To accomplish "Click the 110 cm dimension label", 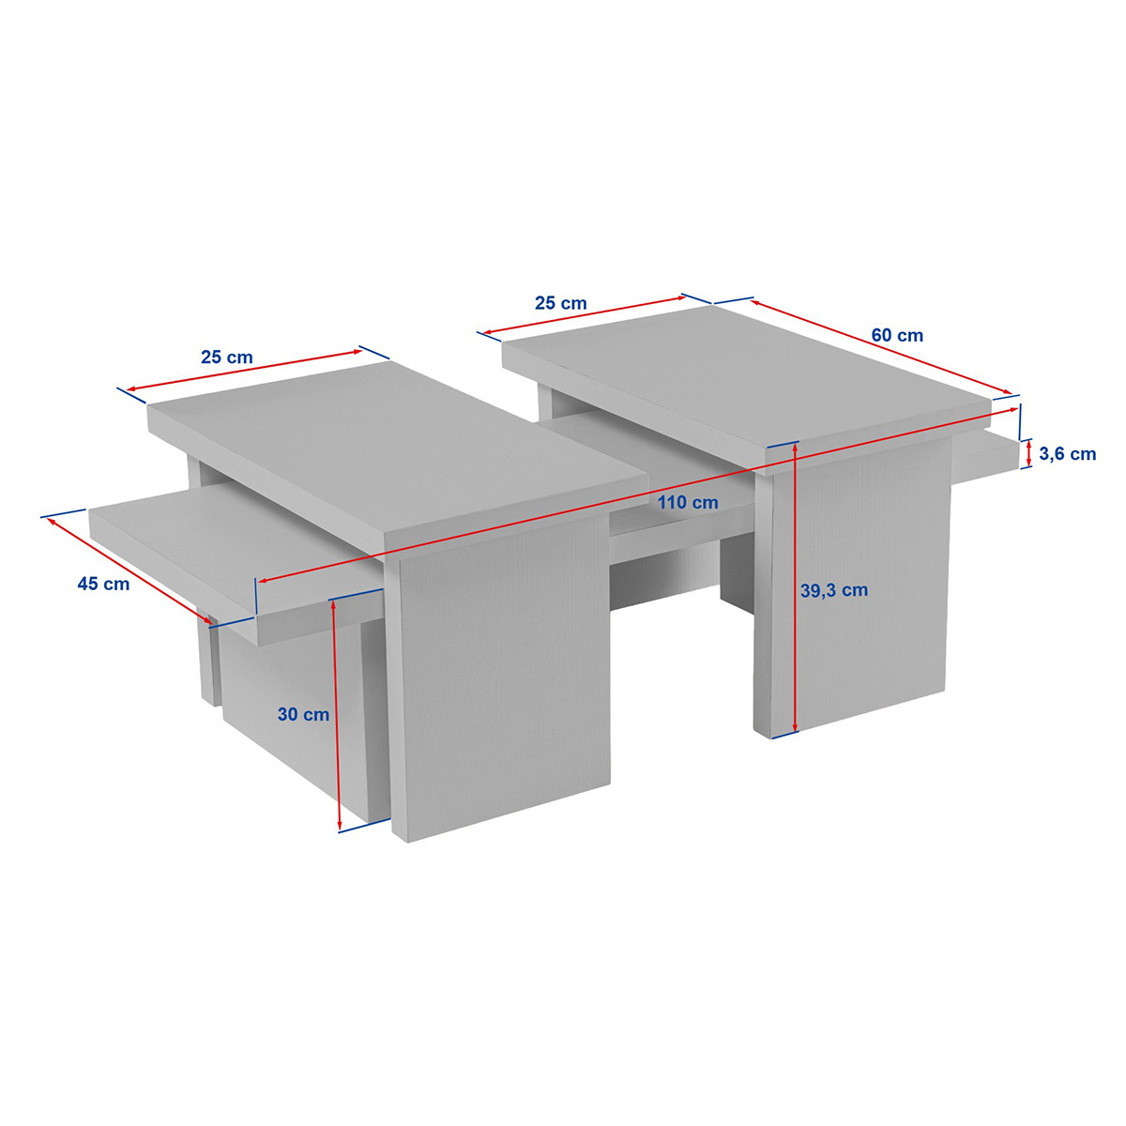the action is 687,502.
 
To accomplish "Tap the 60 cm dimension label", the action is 897,335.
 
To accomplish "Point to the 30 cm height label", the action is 303,714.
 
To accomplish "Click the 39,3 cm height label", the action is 834,590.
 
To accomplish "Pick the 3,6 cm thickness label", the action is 1067,453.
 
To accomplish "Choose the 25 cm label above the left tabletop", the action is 227,357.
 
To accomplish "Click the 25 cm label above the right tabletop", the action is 561,303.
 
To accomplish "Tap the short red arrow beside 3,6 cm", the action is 1029,454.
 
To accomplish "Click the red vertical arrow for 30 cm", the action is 337,715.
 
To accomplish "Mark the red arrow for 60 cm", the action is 881,347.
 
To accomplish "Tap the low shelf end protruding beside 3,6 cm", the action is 984,451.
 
